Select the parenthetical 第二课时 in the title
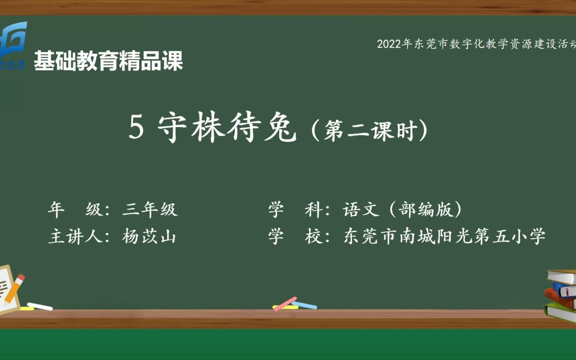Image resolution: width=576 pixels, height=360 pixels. (370, 130)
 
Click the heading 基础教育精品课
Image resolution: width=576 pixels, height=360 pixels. (109, 61)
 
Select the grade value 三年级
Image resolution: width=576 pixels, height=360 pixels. (150, 210)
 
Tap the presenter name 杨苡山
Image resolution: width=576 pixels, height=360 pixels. (149, 236)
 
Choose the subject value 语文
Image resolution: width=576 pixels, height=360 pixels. (361, 210)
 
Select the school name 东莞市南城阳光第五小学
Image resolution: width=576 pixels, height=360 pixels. (444, 236)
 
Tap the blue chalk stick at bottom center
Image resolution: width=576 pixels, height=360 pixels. (305, 305)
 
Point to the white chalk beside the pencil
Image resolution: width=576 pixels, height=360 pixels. (40, 306)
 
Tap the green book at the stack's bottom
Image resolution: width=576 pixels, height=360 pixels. (560, 311)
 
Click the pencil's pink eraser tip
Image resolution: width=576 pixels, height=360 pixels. (21, 277)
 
